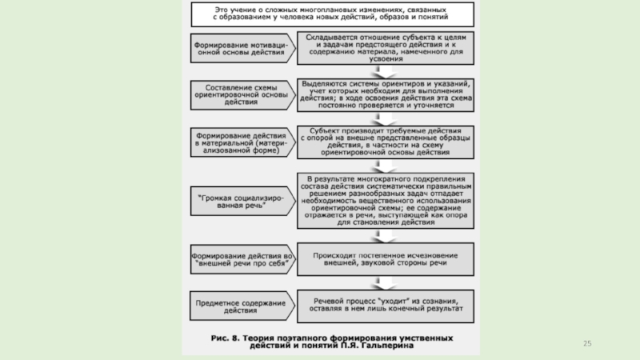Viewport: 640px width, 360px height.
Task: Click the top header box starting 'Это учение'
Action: coord(330,13)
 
